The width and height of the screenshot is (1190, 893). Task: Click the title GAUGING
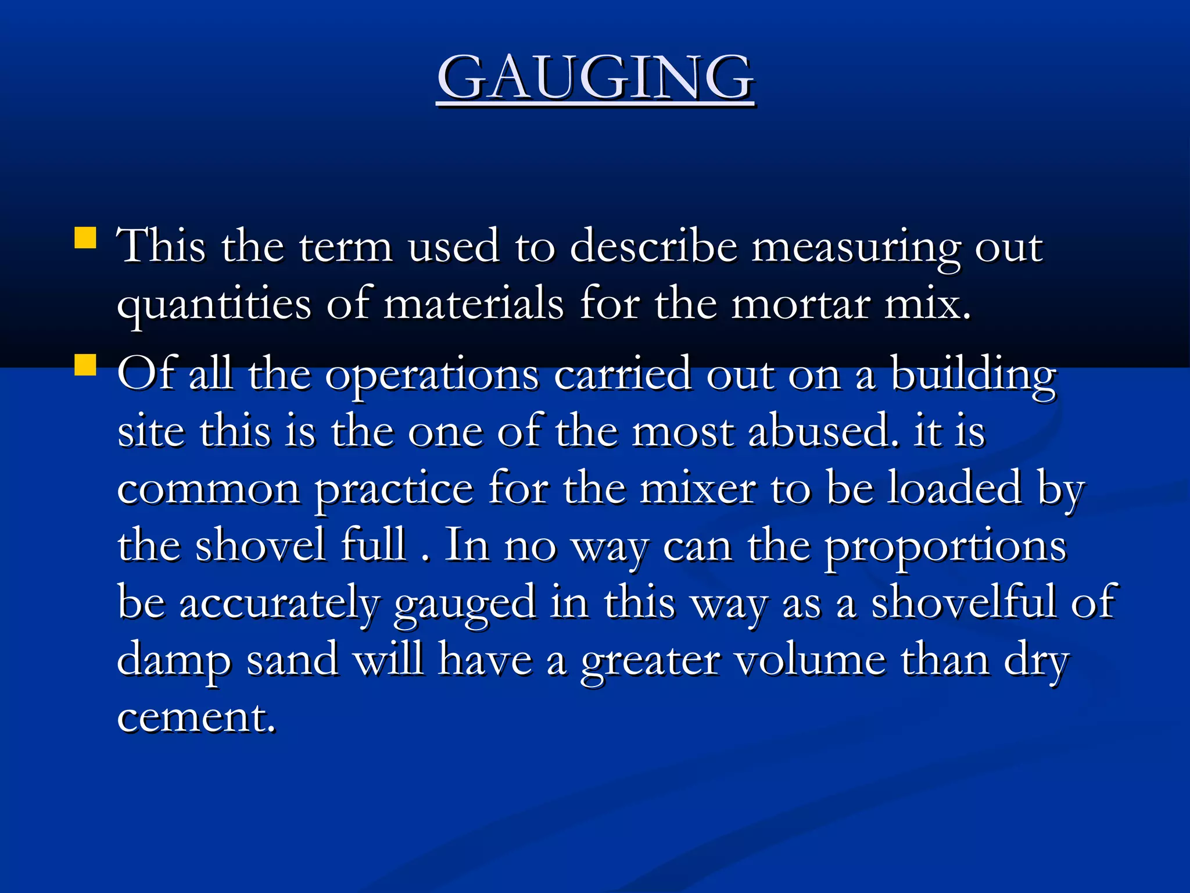click(x=596, y=78)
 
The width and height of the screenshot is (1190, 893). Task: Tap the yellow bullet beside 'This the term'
click(x=85, y=238)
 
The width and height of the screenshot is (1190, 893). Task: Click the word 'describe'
click(x=653, y=247)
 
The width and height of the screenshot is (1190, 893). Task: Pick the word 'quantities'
click(x=214, y=305)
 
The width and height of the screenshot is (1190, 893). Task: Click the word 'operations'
click(x=432, y=375)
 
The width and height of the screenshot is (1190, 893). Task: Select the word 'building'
click(x=973, y=375)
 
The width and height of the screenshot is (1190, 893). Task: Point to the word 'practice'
click(x=394, y=490)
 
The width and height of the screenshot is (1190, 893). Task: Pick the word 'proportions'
click(x=946, y=547)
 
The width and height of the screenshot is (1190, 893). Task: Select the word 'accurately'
click(x=279, y=603)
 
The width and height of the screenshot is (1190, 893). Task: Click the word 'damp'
click(x=174, y=660)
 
